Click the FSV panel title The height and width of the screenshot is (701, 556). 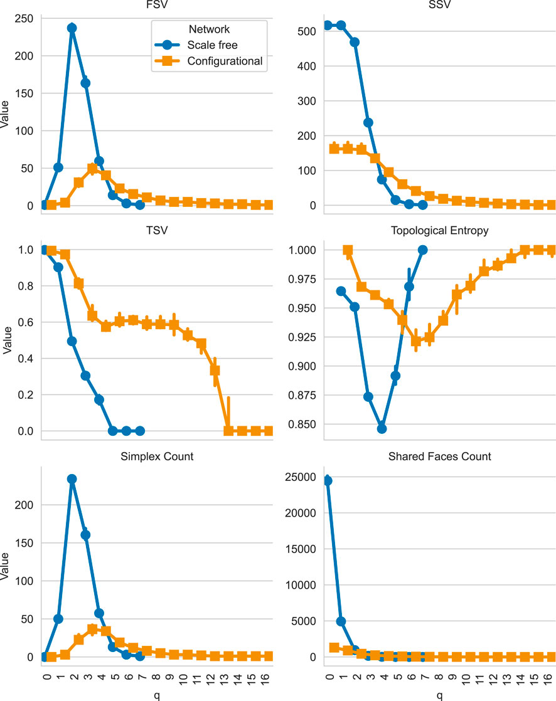click(157, 6)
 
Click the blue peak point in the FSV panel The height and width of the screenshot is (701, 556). click(72, 28)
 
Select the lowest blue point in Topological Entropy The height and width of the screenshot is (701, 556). click(382, 428)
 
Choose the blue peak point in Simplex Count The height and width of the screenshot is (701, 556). click(72, 479)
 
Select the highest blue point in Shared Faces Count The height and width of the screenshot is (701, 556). click(327, 481)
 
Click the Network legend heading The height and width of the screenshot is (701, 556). click(209, 29)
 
